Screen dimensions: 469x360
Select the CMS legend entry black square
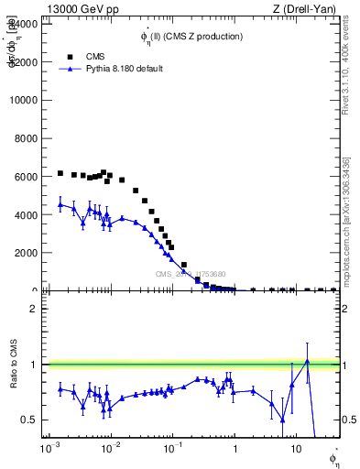pos(70,55)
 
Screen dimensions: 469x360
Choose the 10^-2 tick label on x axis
pos(111,450)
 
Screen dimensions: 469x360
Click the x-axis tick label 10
pos(295,450)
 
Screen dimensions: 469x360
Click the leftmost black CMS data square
pos(60,173)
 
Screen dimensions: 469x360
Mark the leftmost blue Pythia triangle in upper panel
pos(60,205)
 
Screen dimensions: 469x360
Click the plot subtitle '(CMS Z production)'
pos(202,37)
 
